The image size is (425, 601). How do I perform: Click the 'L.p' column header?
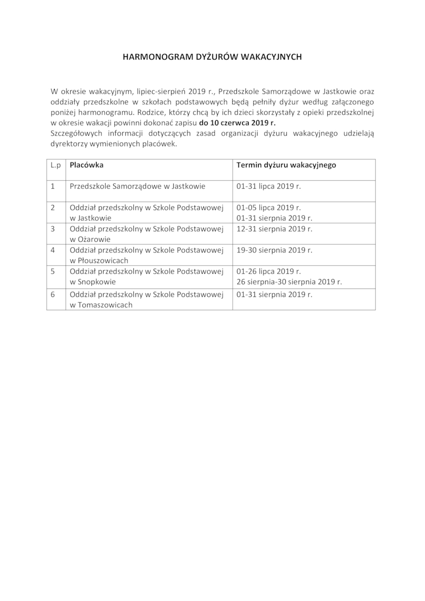(x=56, y=165)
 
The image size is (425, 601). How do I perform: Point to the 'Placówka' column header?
(x=87, y=165)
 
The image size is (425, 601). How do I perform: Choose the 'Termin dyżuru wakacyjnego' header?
(x=286, y=165)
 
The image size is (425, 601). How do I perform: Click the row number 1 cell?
(x=53, y=187)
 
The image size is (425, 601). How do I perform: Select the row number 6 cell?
(x=53, y=294)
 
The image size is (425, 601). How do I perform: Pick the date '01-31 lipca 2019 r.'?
(x=269, y=187)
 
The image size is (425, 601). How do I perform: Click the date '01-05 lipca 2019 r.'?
(x=269, y=207)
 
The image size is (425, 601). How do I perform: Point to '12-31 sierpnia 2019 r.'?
(x=274, y=229)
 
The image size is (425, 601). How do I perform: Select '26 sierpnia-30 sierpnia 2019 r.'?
(x=289, y=282)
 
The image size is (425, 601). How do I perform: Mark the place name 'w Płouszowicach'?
(x=99, y=261)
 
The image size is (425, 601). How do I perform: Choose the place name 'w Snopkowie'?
(x=92, y=282)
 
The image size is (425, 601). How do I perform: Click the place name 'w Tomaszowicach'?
(x=101, y=305)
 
